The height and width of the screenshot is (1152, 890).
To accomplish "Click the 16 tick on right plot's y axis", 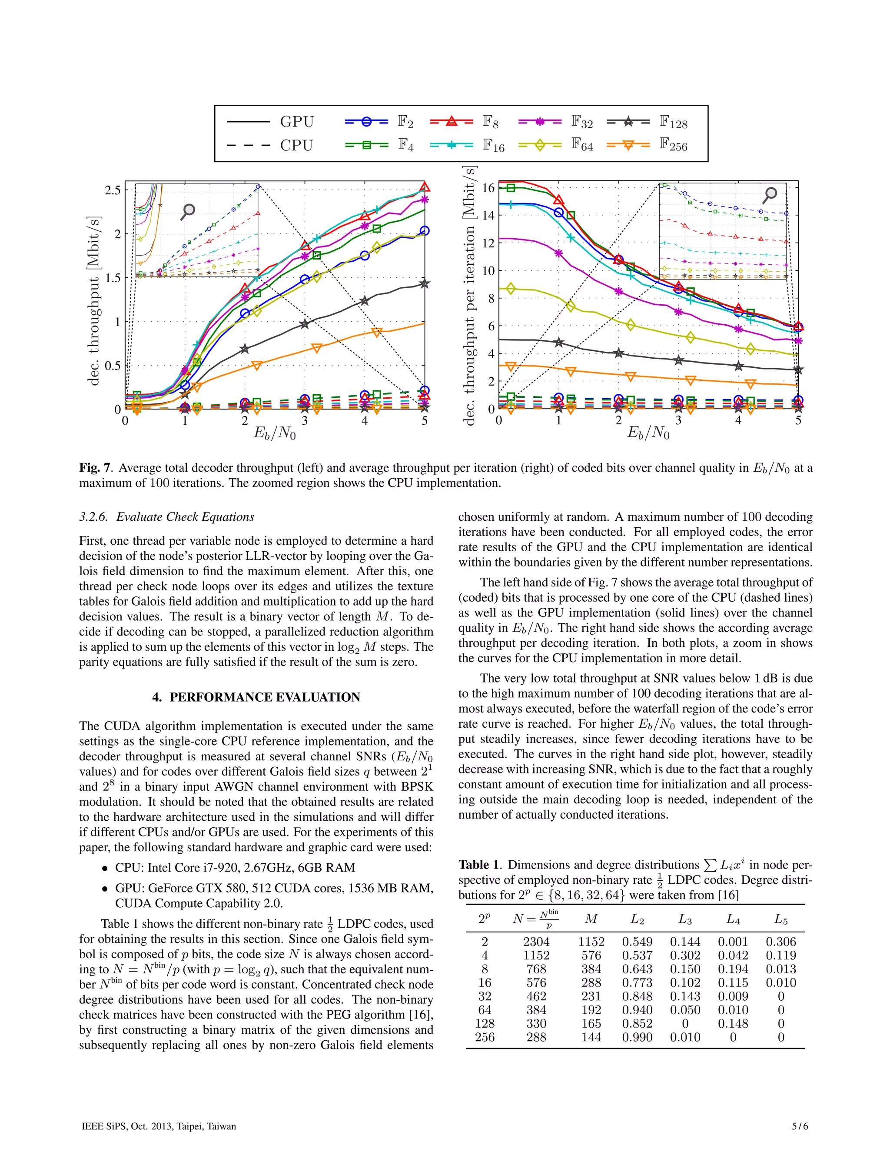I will tap(488, 188).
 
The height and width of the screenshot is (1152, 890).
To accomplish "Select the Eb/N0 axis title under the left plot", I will tap(275, 433).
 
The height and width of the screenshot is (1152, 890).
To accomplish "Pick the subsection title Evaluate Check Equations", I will tap(185, 517).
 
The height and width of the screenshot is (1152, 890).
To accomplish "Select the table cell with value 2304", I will tap(536, 942).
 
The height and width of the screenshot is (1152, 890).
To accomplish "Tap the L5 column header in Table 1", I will tap(781, 919).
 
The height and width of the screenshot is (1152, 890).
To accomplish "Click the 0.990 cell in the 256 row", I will tap(637, 1037).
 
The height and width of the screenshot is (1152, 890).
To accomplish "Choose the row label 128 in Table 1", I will tap(485, 1023).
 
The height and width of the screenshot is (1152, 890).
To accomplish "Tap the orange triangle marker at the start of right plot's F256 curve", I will tap(510, 366).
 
